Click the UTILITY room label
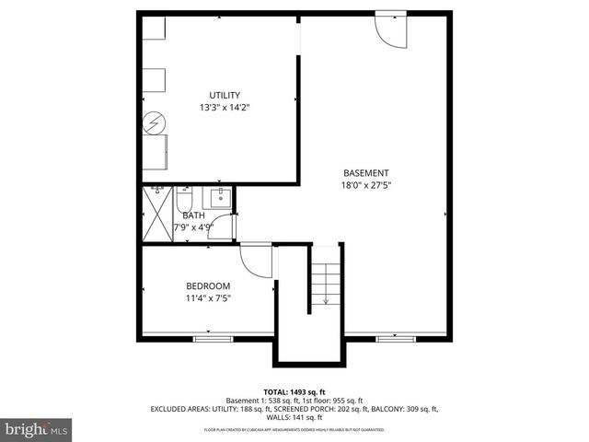(x=225, y=95)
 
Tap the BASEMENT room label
(x=366, y=173)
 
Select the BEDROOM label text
(x=208, y=285)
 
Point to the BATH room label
(x=193, y=215)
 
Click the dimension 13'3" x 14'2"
(x=225, y=108)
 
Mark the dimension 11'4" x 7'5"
(x=208, y=298)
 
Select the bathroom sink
(x=221, y=197)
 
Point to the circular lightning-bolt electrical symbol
(x=155, y=122)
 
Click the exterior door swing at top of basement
(x=390, y=29)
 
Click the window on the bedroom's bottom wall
(x=213, y=339)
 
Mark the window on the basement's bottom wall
(x=396, y=339)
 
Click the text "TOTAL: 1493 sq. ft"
(x=294, y=392)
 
